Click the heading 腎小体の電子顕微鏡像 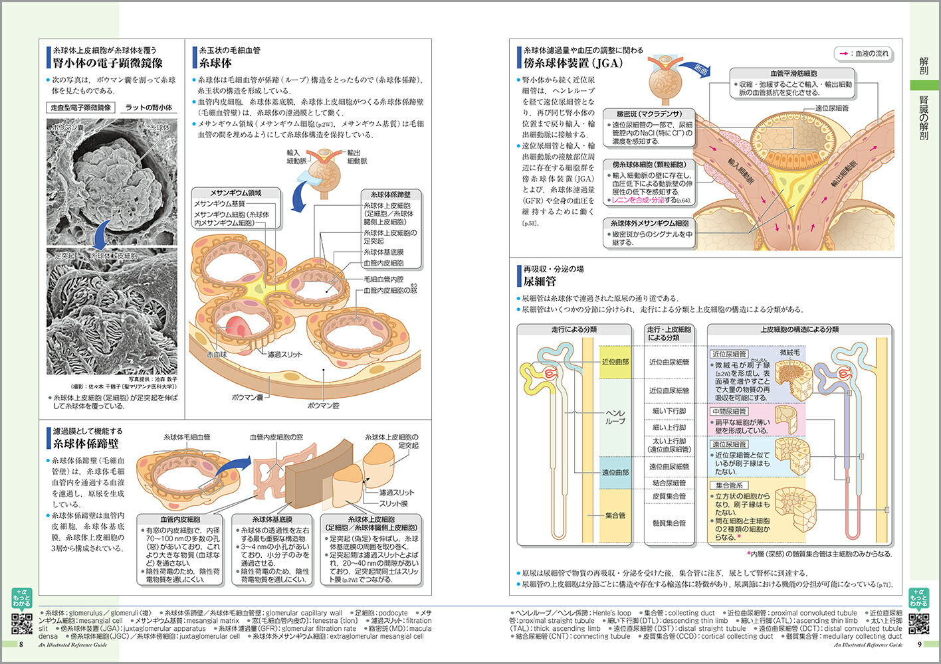click(108, 63)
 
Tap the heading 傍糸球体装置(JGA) click(572, 63)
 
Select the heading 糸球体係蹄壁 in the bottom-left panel click(86, 444)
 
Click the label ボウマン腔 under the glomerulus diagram click(323, 405)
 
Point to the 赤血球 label click(217, 355)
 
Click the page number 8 click(21, 644)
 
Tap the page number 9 click(920, 644)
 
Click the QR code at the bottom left click(22, 623)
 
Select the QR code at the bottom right click(919, 623)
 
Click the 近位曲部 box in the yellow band click(615, 362)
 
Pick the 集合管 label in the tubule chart click(615, 515)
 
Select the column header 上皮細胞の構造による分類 click(799, 329)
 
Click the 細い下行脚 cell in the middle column click(669, 411)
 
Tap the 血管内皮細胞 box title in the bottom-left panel click(180, 519)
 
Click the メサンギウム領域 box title click(236, 193)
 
